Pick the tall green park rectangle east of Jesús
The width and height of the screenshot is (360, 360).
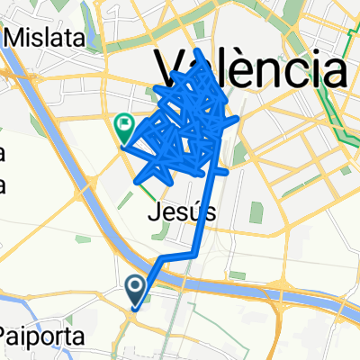(257, 214)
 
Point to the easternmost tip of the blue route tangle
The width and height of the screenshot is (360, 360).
(238, 118)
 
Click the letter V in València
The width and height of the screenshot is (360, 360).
(172, 69)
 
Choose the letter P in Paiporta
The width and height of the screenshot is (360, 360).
(7, 337)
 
